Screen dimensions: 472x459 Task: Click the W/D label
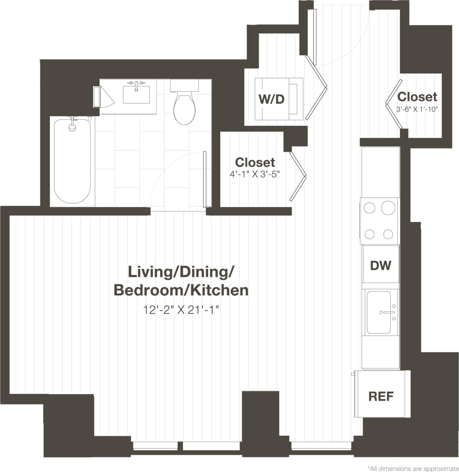(271, 99)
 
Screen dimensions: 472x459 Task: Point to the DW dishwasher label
(380, 265)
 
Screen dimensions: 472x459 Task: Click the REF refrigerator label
(381, 396)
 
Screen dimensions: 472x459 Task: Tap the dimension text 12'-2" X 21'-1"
(181, 310)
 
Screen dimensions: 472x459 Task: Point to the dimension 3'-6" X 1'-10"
(418, 109)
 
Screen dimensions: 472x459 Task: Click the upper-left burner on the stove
(369, 208)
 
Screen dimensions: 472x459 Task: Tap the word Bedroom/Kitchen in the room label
(181, 290)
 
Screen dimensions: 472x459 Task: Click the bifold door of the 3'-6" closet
(393, 104)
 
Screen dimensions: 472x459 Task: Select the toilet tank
(184, 85)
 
